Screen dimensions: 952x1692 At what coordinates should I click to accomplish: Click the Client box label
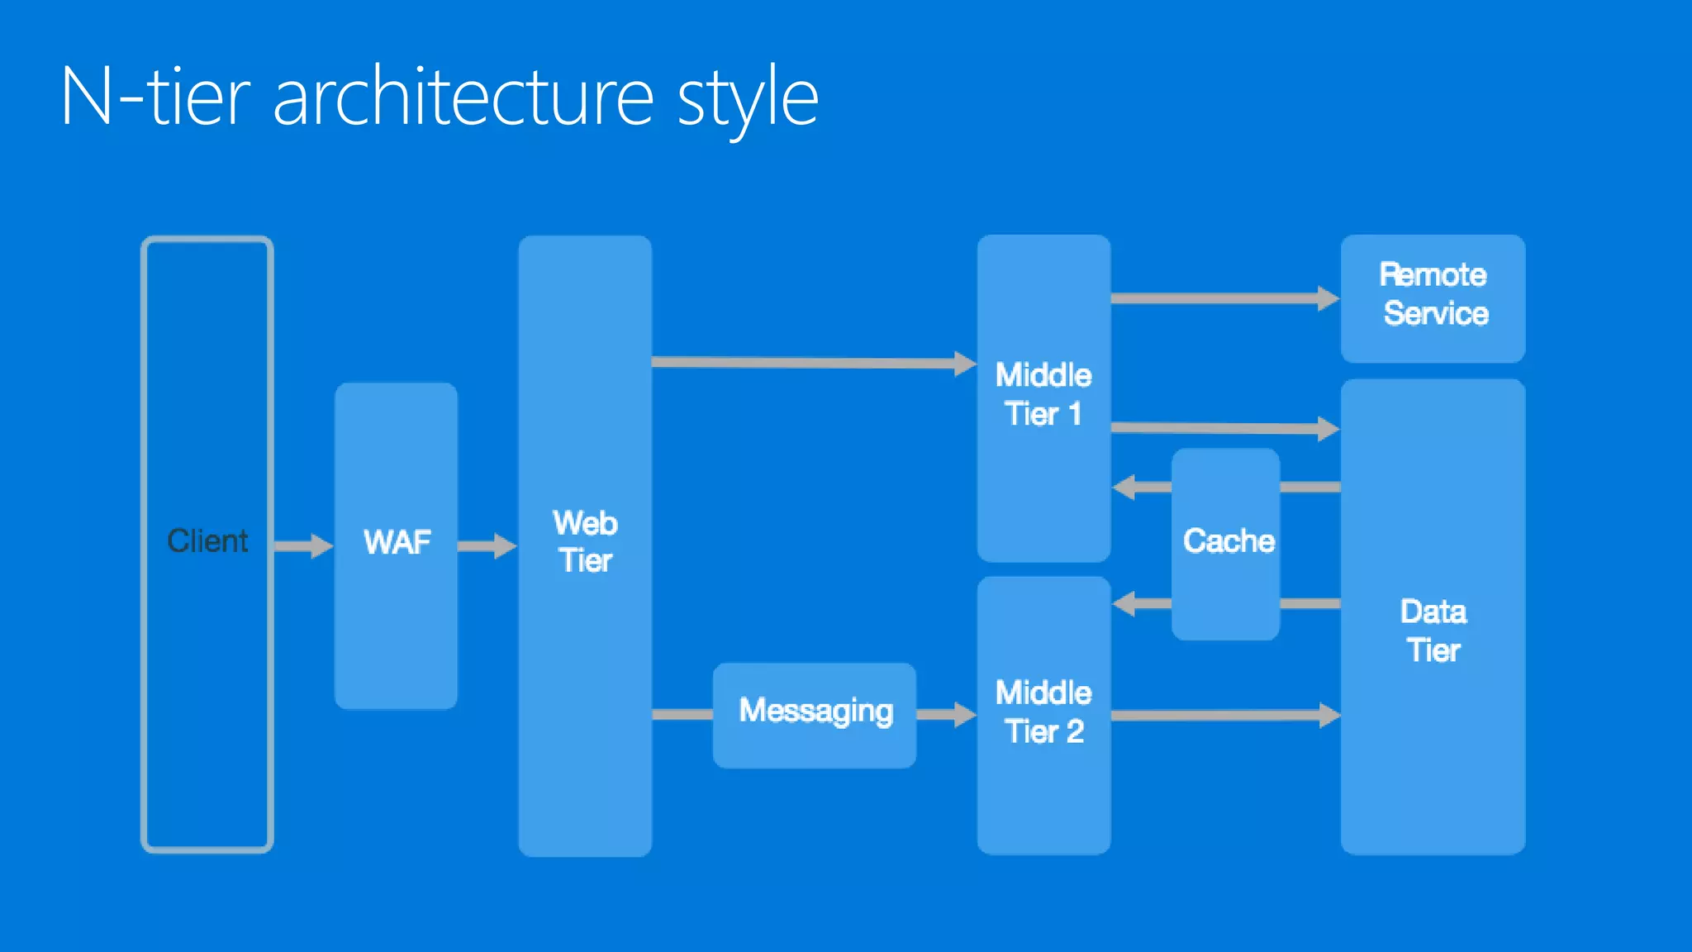207,541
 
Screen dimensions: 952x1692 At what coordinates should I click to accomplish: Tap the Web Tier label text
586,542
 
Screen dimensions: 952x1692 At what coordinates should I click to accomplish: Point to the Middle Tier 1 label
1043,394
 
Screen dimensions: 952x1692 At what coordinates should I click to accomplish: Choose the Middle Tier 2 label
1043,712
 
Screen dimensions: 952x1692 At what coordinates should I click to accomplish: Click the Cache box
1227,542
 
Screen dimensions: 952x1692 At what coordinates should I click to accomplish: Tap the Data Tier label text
1433,631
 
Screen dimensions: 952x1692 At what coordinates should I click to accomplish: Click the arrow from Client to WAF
303,545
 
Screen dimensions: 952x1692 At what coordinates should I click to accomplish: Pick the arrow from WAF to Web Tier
487,545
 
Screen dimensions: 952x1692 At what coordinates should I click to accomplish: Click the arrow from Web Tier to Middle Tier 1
814,362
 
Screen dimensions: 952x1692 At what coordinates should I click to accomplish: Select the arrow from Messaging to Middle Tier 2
947,715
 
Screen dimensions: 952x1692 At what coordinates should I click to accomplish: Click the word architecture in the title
463,98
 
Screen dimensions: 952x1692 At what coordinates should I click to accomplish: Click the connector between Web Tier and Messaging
682,715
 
